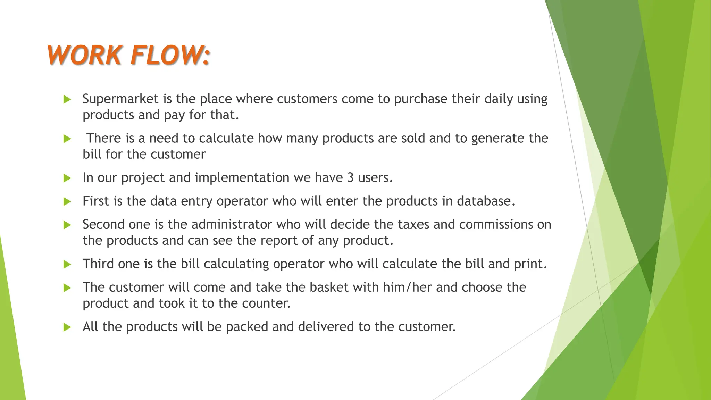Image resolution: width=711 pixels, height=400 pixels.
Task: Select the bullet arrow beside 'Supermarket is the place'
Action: click(x=67, y=100)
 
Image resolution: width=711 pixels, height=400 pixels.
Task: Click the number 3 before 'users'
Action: click(x=350, y=178)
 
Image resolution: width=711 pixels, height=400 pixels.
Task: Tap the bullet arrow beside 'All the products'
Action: click(x=67, y=327)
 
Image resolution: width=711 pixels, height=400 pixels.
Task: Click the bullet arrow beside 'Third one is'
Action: click(x=67, y=265)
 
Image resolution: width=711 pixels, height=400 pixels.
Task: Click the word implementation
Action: click(x=242, y=178)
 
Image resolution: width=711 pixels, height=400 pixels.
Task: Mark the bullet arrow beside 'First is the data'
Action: click(x=67, y=202)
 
